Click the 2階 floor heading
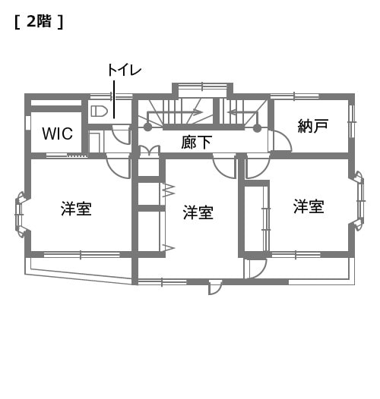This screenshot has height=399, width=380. tap(39, 22)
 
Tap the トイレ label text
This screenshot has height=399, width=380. tap(124, 70)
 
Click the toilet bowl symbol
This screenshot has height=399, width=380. tap(99, 112)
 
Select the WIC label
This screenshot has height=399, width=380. tap(58, 134)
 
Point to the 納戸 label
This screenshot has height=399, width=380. tap(312, 126)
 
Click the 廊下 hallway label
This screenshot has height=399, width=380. tap(196, 143)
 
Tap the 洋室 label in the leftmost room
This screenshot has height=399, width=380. tap(76, 209)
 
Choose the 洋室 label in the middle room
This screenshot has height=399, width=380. tap(198, 212)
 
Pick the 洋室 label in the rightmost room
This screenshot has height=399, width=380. tap(309, 206)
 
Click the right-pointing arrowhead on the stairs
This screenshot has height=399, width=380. tap(198, 112)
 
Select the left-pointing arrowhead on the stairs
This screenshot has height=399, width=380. tap(234, 112)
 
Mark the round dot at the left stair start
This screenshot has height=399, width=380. tap(147, 127)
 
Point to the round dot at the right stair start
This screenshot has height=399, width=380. tap(258, 128)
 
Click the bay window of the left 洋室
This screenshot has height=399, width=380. tap(21, 215)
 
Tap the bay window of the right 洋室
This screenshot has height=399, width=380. tap(359, 201)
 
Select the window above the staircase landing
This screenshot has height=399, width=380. tap(202, 86)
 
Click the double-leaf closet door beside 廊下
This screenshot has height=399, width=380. tap(150, 150)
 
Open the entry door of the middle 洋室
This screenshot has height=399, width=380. tap(224, 166)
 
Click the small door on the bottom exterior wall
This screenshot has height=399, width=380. tap(215, 287)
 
